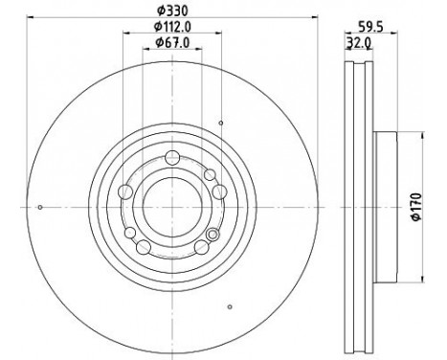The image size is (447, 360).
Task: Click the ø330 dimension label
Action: click(172, 11)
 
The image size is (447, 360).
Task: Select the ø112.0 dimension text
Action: click(172, 27)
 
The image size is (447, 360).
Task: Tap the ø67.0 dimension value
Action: click(172, 42)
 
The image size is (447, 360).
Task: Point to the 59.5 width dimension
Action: click(370, 27)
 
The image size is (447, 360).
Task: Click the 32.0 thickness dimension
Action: click(359, 42)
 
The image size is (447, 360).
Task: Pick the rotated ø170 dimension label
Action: click(417, 207)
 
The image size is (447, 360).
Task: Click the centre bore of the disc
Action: click(172, 207)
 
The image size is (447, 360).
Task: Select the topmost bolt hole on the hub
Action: click(172, 157)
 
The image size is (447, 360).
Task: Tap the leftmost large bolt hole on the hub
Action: click(125, 191)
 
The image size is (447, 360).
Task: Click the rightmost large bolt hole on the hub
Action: click(219, 191)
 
